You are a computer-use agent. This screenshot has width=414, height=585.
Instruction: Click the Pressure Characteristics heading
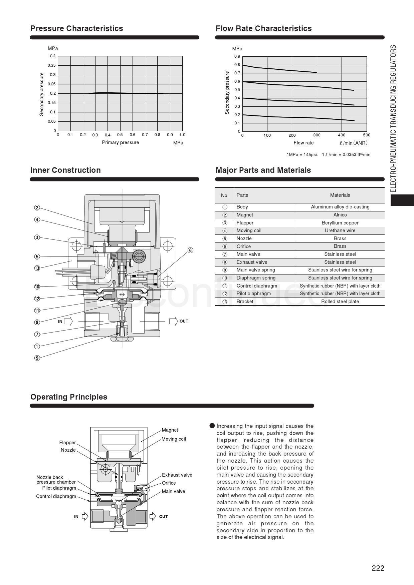(x=77, y=28)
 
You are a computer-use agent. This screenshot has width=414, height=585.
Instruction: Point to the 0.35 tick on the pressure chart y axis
(x=52, y=65)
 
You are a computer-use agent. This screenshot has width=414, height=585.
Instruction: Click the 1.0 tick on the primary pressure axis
(x=182, y=135)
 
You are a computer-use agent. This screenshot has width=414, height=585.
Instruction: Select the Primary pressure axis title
(x=120, y=142)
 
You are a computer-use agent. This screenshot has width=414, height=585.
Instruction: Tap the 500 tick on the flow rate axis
(x=367, y=135)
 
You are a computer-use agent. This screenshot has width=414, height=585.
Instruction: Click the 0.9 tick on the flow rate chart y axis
(x=237, y=56)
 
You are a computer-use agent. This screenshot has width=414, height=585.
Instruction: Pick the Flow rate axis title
(x=303, y=143)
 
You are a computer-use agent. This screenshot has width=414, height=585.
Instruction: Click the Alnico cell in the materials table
(x=340, y=215)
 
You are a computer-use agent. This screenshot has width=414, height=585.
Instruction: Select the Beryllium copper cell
(x=340, y=223)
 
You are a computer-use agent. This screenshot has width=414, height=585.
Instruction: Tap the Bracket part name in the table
(x=245, y=302)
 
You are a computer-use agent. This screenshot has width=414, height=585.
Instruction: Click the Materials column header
(x=340, y=195)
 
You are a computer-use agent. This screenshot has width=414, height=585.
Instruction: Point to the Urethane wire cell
(x=340, y=230)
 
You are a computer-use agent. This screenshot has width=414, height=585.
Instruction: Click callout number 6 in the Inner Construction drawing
(x=190, y=250)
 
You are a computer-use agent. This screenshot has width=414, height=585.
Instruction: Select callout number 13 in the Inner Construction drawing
(x=37, y=268)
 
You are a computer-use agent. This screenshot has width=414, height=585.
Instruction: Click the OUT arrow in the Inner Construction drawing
(x=173, y=321)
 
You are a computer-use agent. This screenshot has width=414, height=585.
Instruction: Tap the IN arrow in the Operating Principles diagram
(x=85, y=516)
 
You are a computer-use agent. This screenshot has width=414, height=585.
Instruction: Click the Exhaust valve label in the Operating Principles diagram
(x=177, y=475)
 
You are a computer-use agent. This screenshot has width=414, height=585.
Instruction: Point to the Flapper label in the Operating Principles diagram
(x=67, y=443)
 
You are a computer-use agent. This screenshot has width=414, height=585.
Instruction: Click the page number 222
(x=378, y=568)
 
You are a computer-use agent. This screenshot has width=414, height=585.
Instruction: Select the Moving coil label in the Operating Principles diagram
(x=174, y=439)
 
